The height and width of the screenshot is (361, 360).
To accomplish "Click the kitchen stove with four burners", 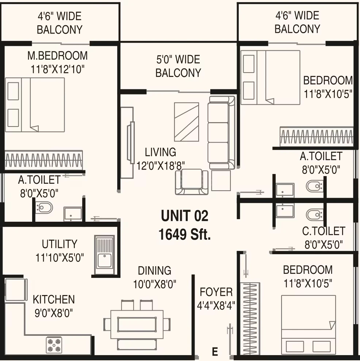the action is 54,345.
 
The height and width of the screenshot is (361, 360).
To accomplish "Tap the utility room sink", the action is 104,255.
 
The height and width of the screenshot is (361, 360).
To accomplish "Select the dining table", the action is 137,324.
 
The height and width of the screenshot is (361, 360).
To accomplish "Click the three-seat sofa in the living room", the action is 222,133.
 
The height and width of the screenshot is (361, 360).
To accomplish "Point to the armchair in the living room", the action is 192,182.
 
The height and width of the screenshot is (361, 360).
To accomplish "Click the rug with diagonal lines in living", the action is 187,122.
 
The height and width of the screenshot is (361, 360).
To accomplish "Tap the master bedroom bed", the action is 35,105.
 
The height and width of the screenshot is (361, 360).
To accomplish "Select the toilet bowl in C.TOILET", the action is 314,214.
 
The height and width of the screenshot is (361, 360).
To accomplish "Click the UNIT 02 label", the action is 184,216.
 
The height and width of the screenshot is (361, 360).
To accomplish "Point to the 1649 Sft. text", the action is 184,234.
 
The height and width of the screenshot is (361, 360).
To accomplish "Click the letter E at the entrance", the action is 215,352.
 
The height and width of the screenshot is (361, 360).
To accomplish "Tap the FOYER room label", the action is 216,292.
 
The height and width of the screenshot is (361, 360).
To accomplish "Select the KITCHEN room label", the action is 54,299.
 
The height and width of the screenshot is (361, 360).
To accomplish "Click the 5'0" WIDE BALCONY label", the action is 178,66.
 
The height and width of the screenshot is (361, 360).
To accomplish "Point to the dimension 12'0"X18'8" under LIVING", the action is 160,166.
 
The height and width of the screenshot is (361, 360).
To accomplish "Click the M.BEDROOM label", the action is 58,56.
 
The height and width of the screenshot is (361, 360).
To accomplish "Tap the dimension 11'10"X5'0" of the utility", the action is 60,258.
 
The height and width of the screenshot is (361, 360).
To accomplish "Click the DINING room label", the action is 154,271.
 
